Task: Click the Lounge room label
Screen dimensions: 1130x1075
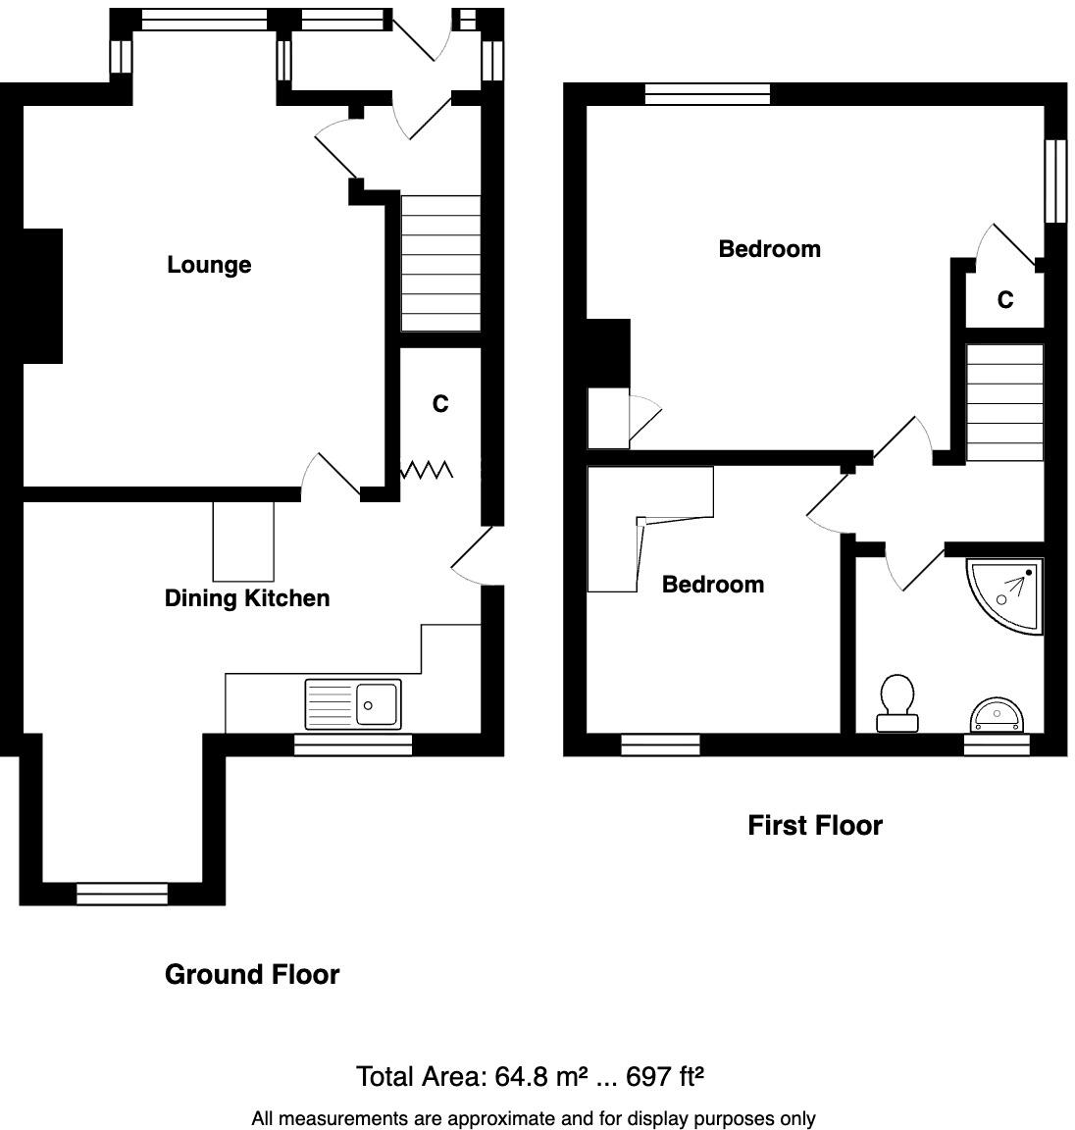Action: coord(209,265)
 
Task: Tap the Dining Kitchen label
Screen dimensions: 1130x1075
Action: coord(246,598)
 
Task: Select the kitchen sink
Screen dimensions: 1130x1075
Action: coord(353,703)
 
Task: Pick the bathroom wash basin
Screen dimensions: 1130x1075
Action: coord(997,713)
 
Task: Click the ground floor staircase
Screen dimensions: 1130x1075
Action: coord(440,264)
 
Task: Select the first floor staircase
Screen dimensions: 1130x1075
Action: coord(1004,402)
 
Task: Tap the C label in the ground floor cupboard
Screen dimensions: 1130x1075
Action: coord(440,404)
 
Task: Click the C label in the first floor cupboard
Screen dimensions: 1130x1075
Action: coord(1004,300)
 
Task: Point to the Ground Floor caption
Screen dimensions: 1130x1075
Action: coord(252,974)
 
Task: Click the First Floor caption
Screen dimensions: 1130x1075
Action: coord(814,825)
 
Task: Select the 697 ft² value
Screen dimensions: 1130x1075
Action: coord(665,1077)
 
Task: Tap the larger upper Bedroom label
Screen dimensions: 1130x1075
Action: coord(769,249)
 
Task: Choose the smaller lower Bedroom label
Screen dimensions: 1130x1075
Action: coord(712,585)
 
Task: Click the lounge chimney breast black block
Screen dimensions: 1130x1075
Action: coord(41,296)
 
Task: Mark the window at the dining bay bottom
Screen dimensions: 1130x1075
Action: coord(122,894)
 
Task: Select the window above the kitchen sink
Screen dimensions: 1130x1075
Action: coord(353,746)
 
